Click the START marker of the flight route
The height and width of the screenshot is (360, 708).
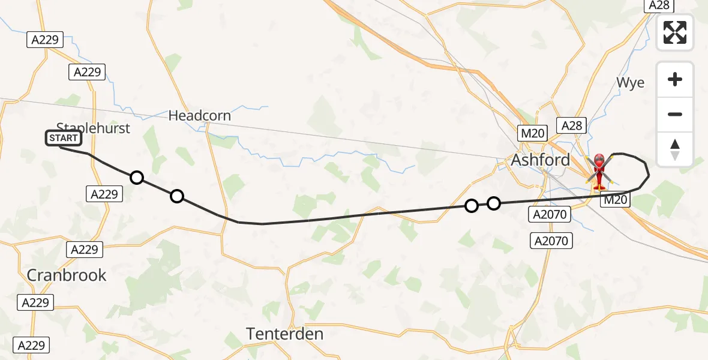pos(62,139)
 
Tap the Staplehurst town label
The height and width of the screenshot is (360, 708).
pos(93,127)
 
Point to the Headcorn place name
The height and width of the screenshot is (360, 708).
pos(199,115)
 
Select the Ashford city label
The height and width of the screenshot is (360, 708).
pos(540,160)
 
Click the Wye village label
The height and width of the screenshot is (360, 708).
pos(630,83)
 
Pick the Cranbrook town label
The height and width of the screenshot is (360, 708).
pos(67,275)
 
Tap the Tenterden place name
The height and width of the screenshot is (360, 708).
pos(285,334)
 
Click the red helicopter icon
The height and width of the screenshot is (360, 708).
pos(599,170)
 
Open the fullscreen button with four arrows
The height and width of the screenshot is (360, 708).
pos(675,32)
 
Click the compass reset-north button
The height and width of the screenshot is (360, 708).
pos(675,149)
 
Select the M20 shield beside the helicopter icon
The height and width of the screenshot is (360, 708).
pos(616,200)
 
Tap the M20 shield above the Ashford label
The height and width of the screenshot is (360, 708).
pos(533,133)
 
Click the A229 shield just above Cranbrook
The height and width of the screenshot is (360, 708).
pos(85,249)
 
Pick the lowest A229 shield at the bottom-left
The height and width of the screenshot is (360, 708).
pos(31,345)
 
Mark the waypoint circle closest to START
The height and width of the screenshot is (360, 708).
pos(137,177)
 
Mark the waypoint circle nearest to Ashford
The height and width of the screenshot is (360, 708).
pos(493,203)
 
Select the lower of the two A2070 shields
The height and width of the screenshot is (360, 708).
pos(551,241)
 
